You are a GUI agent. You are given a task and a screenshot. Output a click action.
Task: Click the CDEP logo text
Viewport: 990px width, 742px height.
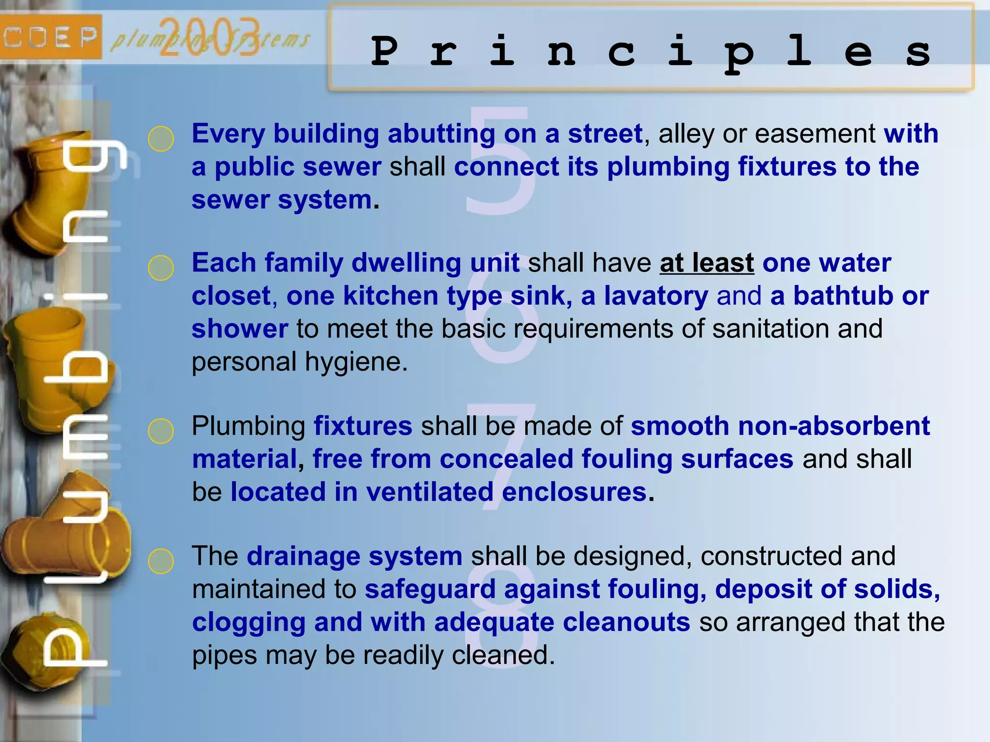click(x=50, y=37)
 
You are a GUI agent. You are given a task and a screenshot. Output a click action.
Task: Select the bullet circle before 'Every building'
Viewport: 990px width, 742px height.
click(x=161, y=139)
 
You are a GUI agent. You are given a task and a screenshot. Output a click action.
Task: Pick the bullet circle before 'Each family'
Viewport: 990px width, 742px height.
click(x=161, y=268)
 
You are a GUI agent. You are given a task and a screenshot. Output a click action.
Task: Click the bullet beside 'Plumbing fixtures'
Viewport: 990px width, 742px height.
click(x=161, y=431)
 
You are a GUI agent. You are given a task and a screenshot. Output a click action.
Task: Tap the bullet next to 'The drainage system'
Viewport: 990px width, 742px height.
click(x=161, y=561)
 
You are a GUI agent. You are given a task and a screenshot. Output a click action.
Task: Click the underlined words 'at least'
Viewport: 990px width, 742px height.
click(x=707, y=263)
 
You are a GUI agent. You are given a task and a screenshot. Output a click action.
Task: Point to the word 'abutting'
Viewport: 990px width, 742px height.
click(x=441, y=134)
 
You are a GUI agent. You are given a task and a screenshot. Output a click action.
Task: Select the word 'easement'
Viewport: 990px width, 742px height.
click(x=815, y=134)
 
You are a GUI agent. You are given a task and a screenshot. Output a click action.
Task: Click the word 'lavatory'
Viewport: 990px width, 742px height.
click(x=656, y=296)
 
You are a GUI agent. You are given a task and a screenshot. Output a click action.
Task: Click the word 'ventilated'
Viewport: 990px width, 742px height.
click(x=430, y=492)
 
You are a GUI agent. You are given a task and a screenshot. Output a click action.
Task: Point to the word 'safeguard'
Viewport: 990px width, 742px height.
click(x=430, y=589)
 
